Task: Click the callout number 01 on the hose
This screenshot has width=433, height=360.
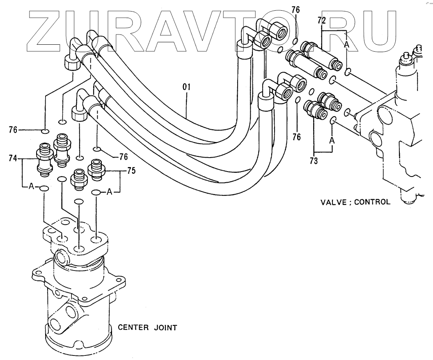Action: [186, 87]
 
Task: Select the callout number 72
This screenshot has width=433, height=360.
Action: [321, 20]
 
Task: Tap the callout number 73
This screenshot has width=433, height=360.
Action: [314, 161]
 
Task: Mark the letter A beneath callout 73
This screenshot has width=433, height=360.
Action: [332, 140]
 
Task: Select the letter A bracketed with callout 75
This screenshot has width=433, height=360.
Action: [110, 191]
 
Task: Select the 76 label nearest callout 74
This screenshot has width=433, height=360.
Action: [13, 130]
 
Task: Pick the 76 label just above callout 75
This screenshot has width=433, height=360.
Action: [124, 156]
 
